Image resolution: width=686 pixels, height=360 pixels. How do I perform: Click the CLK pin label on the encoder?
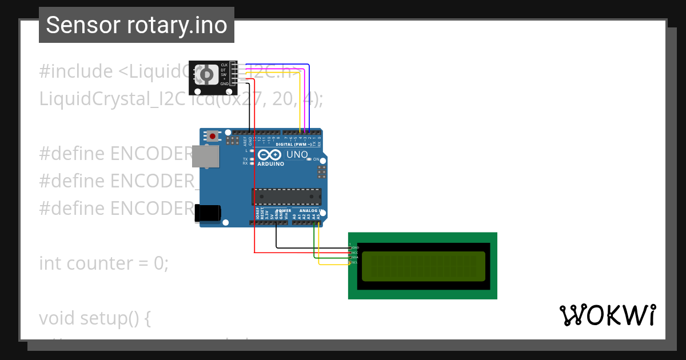(224, 65)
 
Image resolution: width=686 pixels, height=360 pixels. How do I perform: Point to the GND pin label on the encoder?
(224, 83)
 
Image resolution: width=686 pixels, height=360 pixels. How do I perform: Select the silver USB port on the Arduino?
(205, 156)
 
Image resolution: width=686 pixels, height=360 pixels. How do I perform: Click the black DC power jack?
(207, 213)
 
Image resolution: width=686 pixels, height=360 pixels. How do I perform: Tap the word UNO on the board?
(297, 154)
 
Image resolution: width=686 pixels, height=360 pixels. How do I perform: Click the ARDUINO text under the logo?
(270, 164)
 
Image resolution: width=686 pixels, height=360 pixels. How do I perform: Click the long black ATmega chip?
(286, 197)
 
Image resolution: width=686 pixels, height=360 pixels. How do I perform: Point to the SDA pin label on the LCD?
(354, 257)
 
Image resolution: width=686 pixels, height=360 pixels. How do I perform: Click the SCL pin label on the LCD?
(354, 262)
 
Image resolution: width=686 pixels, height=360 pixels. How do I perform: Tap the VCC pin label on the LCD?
(354, 252)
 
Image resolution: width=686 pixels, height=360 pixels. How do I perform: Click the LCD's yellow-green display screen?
(423, 266)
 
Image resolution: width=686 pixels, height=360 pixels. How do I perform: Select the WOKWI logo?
(607, 315)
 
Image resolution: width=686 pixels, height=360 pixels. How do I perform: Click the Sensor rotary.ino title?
(137, 25)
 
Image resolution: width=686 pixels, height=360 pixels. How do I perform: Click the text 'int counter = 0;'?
(103, 263)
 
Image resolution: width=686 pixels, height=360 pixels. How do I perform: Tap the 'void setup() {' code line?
(94, 318)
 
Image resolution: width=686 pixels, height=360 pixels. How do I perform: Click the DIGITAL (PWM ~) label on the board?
(293, 145)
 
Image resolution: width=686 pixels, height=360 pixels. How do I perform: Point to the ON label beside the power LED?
(316, 159)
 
